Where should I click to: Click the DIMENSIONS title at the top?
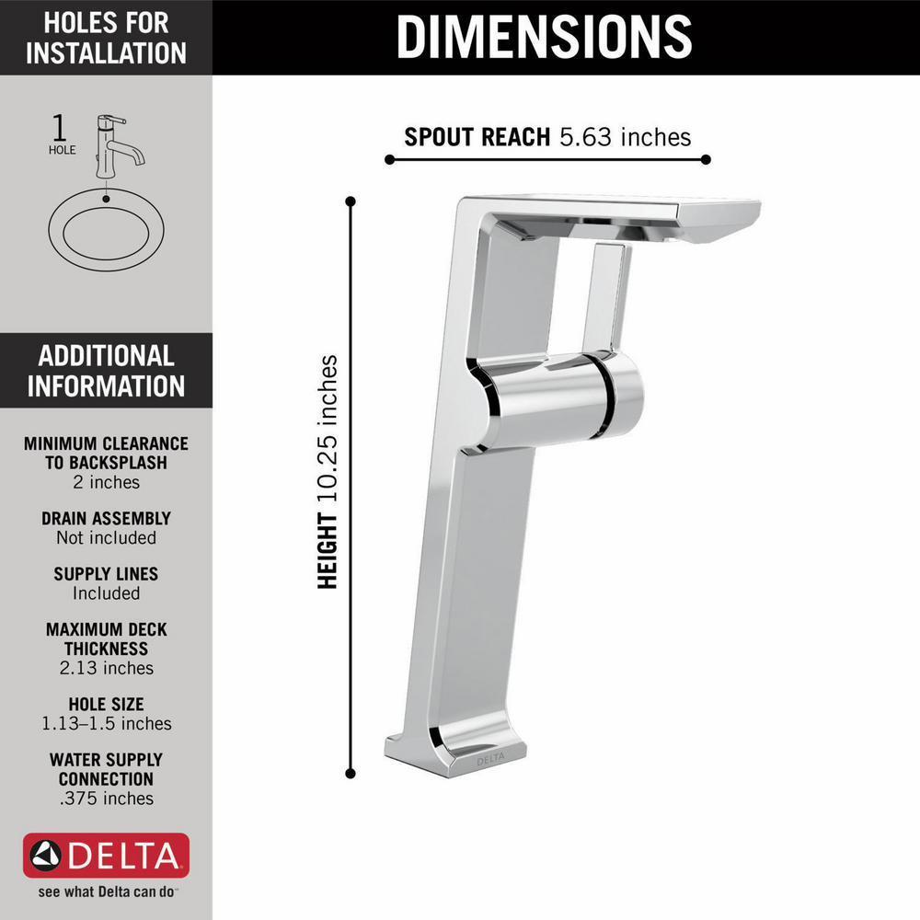point(545,37)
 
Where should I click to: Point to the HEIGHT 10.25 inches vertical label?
point(328,472)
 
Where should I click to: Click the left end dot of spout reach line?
point(389,159)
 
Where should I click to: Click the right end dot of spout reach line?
point(706,159)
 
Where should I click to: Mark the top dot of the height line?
point(351,199)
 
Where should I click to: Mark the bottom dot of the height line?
point(351,774)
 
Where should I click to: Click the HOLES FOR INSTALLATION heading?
point(106,37)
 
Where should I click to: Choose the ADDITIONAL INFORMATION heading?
point(106,370)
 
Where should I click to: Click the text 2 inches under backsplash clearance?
point(106,482)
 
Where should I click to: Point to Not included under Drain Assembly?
point(106,538)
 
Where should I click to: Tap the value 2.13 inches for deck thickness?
point(106,668)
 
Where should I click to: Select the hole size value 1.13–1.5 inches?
point(106,724)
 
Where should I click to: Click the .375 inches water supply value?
point(106,799)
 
